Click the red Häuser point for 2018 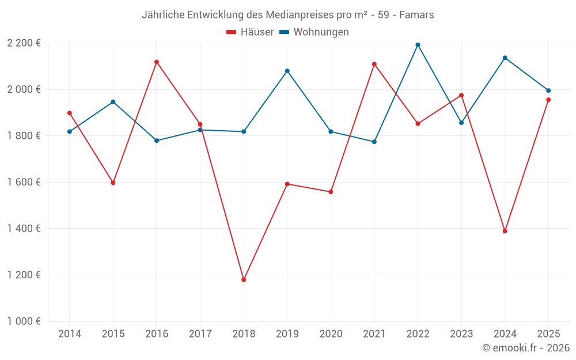pos(244,280)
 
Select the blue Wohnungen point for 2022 pos(418,45)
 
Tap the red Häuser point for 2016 pos(157,62)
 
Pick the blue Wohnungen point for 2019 pos(287,71)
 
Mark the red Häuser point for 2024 pos(505,231)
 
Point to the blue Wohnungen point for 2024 pos(505,58)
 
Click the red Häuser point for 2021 pos(374,64)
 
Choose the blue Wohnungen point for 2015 pos(113,102)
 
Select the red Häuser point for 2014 pos(70,113)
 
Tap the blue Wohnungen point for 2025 pos(548,90)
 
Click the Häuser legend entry pos(250,32)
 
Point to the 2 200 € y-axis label pos(24,43)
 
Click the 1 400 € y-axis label pos(24,229)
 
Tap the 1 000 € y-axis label pos(24,321)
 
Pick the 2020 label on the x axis pos(331,334)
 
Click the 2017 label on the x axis pos(200,334)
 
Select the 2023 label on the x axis pos(461,334)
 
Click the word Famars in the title pos(417,14)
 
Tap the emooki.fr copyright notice pos(525,348)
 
